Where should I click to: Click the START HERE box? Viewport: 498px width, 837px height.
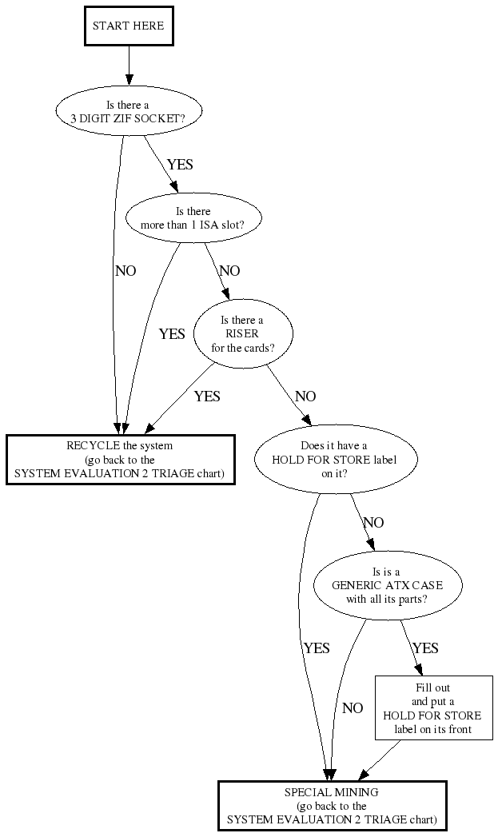coord(128,26)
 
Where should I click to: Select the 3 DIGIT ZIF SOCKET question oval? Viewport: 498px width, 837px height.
coord(128,111)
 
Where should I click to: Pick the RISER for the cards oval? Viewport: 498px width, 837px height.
coord(242,333)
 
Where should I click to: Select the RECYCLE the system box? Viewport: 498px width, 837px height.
coord(120,460)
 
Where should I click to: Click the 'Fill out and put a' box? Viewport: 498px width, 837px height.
coord(433,707)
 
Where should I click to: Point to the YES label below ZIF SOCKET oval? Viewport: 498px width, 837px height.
coord(179,164)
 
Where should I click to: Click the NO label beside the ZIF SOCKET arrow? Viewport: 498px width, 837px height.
coord(125,271)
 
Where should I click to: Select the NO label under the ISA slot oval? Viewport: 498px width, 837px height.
coord(229,271)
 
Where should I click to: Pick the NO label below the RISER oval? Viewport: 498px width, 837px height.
coord(305,397)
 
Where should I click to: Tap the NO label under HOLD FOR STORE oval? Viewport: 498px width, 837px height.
coord(373,523)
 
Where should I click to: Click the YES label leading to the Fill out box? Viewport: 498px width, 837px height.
coord(425,648)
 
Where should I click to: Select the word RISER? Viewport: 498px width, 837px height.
coord(242,333)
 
